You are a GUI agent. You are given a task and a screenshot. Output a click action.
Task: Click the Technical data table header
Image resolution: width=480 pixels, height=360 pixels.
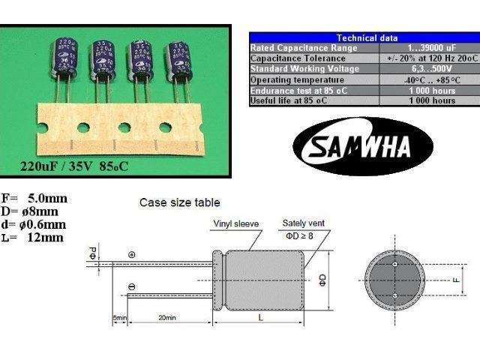click(x=367, y=37)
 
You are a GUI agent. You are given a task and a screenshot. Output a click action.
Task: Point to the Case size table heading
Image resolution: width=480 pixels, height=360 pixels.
click(x=180, y=202)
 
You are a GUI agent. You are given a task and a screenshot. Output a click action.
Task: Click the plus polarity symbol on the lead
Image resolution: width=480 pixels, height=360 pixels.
click(x=131, y=255)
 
